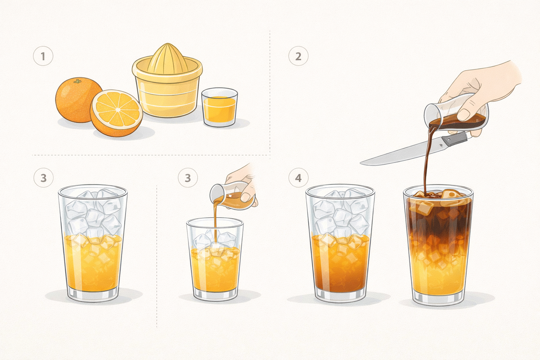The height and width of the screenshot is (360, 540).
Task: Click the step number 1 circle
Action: click(x=43, y=56)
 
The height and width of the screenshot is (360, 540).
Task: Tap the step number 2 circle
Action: click(x=298, y=56)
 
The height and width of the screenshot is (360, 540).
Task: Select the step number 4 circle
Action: click(x=298, y=178)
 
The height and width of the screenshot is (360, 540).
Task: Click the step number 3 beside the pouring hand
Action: click(x=188, y=178)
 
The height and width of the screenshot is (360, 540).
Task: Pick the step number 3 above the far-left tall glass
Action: click(x=43, y=178)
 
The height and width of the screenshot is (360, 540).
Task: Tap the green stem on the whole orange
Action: click(x=77, y=81)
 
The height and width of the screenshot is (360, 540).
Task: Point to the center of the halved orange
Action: click(x=117, y=110)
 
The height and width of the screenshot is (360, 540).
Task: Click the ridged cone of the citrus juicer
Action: click(x=167, y=58)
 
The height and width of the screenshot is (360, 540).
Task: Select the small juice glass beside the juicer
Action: click(x=220, y=107)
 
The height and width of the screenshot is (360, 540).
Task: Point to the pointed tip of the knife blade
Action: click(x=360, y=163)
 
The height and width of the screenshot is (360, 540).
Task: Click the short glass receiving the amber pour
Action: click(x=215, y=259)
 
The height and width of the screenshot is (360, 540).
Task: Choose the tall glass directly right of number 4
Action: click(x=340, y=243)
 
